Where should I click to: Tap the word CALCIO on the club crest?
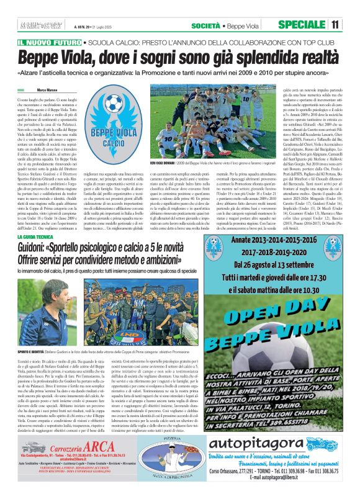[x=112, y=143]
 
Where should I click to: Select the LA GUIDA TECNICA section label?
[x=40, y=238]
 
